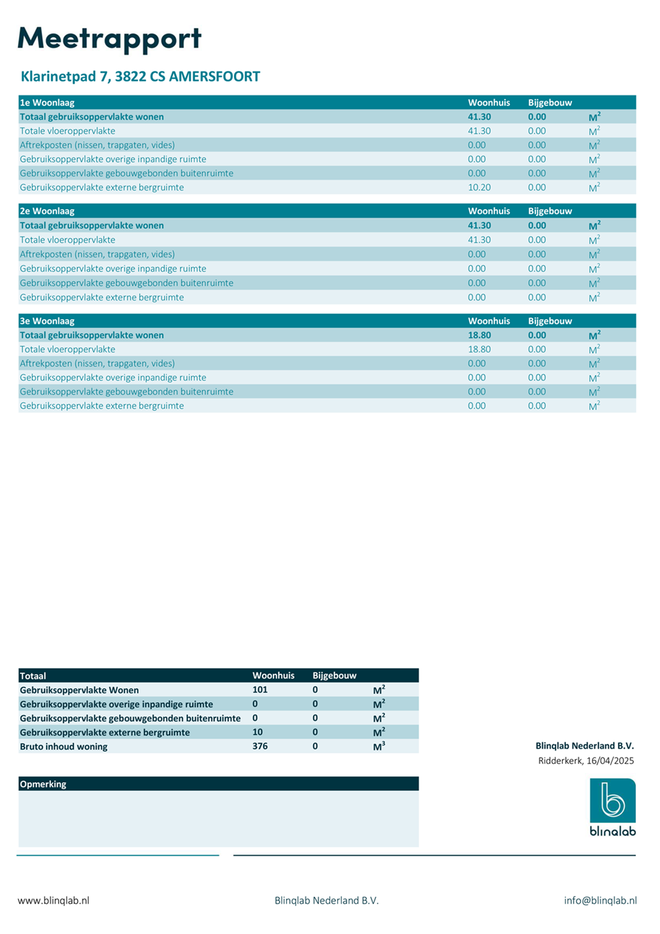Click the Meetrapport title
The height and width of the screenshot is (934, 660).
[x=109, y=39]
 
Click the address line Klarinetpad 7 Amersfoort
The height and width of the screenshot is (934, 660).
[x=140, y=77]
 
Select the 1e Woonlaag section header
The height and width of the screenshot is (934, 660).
[x=47, y=102]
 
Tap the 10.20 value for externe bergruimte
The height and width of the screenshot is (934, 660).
[x=479, y=187]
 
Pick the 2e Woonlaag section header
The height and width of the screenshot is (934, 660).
[x=47, y=211]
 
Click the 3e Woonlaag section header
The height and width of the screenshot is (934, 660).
[x=47, y=321]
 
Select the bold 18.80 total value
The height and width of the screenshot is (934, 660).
[x=479, y=335]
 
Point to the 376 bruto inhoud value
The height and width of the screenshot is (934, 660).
[x=260, y=747]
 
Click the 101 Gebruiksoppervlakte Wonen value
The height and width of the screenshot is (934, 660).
[x=260, y=690]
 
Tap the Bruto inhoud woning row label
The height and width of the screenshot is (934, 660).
[x=64, y=747]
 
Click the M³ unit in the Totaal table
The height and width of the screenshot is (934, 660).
[x=379, y=747]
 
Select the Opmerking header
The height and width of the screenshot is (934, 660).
[x=43, y=784]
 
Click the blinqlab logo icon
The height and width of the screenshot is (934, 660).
[x=612, y=801]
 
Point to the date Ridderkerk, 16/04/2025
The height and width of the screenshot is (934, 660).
[x=585, y=761]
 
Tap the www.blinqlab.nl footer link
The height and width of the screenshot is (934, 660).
[x=53, y=900]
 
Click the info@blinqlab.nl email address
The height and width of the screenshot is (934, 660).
[x=600, y=900]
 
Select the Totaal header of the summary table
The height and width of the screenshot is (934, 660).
[x=33, y=676]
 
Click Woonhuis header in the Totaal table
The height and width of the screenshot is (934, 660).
[x=274, y=676]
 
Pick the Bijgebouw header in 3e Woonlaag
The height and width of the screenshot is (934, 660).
[x=550, y=321]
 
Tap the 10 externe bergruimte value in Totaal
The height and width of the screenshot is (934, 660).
[x=257, y=732]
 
